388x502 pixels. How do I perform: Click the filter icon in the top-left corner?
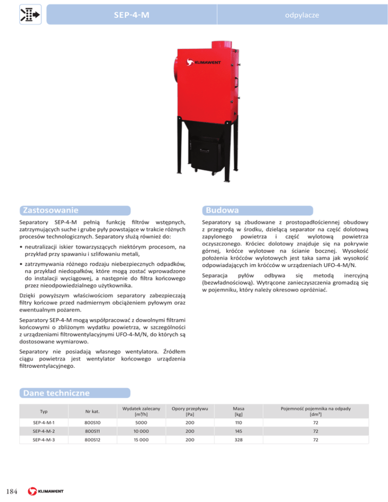tap(26, 14)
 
